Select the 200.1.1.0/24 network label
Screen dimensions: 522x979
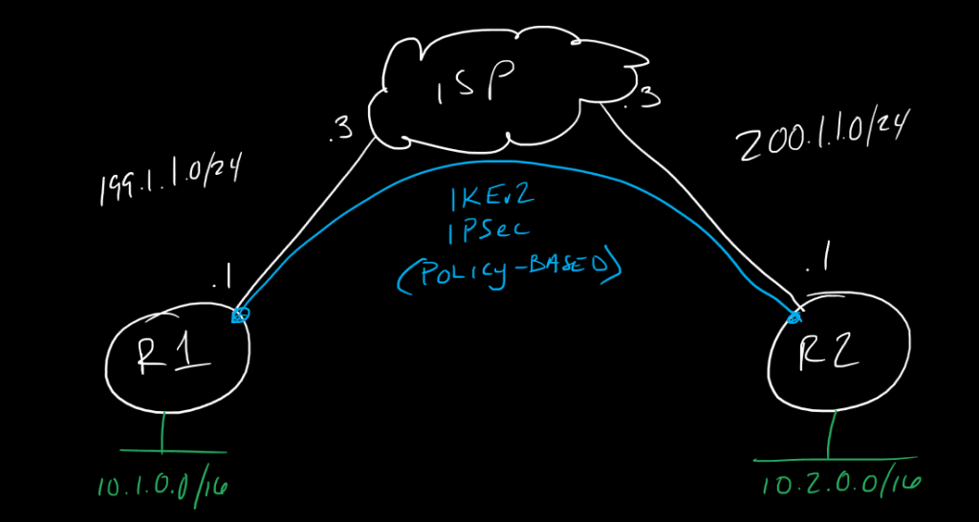point(821,141)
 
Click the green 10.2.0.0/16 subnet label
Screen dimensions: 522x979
point(841,483)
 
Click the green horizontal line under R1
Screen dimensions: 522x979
point(172,450)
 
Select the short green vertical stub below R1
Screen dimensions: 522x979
point(163,431)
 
